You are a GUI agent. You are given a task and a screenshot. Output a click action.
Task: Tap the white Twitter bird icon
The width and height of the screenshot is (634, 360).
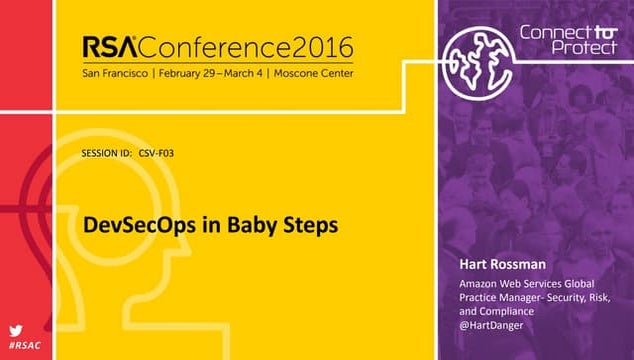point(17,331)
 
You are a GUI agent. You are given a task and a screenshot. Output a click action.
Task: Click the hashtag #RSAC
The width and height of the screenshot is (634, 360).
point(24,346)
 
